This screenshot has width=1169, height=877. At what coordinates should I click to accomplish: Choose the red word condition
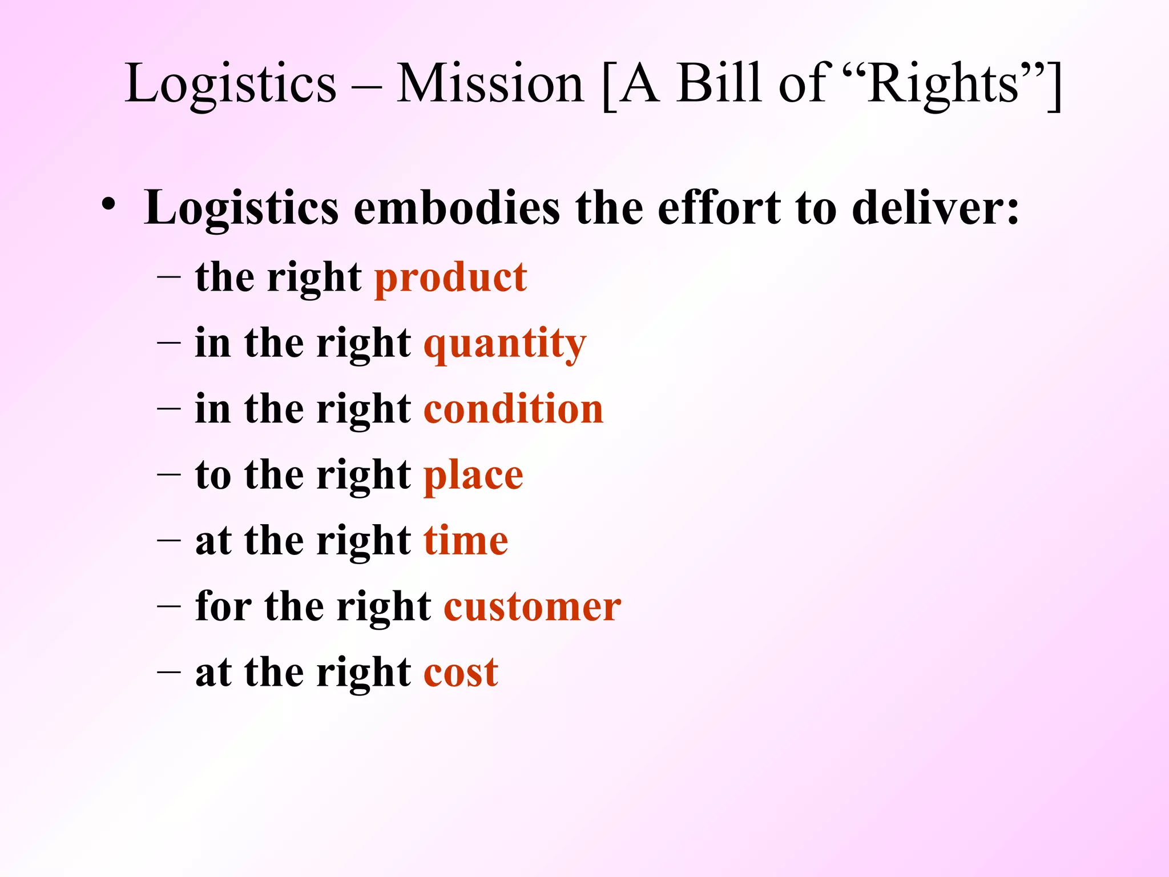click(513, 409)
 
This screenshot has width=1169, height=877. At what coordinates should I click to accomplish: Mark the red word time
click(466, 541)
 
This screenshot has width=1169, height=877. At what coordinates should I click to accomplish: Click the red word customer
click(533, 606)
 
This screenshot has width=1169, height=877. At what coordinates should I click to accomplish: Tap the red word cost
click(461, 673)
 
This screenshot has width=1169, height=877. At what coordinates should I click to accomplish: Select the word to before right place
click(213, 475)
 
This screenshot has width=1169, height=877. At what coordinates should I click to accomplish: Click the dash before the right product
click(169, 277)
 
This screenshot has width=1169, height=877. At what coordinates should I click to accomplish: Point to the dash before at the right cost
click(169, 672)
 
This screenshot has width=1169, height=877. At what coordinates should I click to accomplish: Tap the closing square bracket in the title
click(1054, 86)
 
